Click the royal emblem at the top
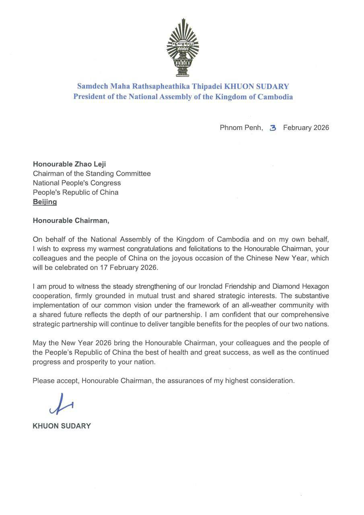click(x=183, y=47)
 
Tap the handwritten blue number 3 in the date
click(x=273, y=128)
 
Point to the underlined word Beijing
click(x=45, y=202)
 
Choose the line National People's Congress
click(x=76, y=183)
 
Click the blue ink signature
click(x=61, y=404)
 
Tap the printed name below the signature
click(x=62, y=426)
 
